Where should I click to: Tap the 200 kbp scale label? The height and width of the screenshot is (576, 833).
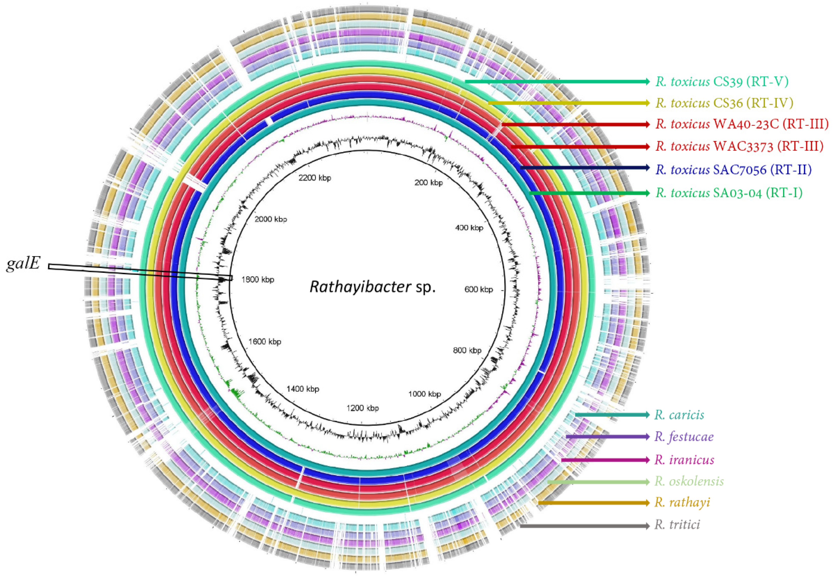pos(428,183)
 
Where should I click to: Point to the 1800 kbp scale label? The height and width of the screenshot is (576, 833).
pos(257,280)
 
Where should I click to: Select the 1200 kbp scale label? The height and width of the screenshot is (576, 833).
pos(362,408)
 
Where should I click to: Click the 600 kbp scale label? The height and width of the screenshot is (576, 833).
pos(478,289)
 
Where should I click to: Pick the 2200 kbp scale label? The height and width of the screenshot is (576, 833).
pos(315,178)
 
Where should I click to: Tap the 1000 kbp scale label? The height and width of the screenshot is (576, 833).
pos(425,394)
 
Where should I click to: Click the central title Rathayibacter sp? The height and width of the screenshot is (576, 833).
pos(373,287)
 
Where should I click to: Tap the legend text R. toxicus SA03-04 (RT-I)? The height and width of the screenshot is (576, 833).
pos(729,193)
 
